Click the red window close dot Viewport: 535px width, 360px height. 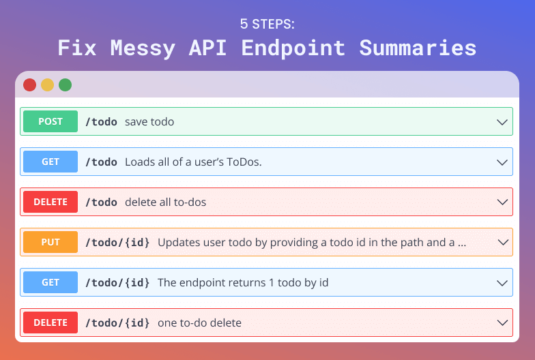pyautogui.click(x=30, y=85)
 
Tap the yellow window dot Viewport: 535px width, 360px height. pyautogui.click(x=48, y=85)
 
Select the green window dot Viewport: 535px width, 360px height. pyautogui.click(x=66, y=85)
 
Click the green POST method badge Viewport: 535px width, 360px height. pyautogui.click(x=50, y=121)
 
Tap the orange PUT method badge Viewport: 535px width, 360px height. pyautogui.click(x=50, y=242)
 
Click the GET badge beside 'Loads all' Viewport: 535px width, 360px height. pyautogui.click(x=50, y=162)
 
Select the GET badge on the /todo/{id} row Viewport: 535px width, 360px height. pyautogui.click(x=50, y=282)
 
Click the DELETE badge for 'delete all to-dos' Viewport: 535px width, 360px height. pyautogui.click(x=50, y=202)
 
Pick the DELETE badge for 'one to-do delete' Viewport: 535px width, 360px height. pyautogui.click(x=50, y=322)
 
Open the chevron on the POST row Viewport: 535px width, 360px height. pyautogui.click(x=502, y=122)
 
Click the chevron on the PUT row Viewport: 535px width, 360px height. pyautogui.click(x=502, y=243)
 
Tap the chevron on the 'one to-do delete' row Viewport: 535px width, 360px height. pyautogui.click(x=502, y=323)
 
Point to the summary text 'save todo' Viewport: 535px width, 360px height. pyautogui.click(x=149, y=121)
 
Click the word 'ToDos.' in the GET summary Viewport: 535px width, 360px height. pyautogui.click(x=244, y=162)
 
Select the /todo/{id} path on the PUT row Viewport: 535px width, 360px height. pyautogui.click(x=117, y=243)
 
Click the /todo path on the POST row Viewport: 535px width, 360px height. pyautogui.click(x=101, y=121)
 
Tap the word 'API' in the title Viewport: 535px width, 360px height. pyautogui.click(x=207, y=48)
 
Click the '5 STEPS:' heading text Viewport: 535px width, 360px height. pyautogui.click(x=267, y=24)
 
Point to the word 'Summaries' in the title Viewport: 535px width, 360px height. pyautogui.click(x=418, y=48)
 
